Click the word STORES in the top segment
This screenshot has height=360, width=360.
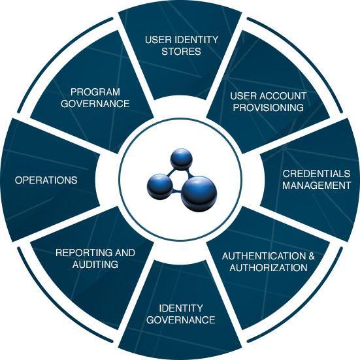click(x=181, y=51)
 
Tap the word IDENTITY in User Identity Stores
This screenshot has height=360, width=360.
click(x=196, y=40)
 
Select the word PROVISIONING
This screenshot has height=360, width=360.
click(x=268, y=107)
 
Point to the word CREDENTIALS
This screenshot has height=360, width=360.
click(x=316, y=174)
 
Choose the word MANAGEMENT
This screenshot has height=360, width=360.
click(x=317, y=185)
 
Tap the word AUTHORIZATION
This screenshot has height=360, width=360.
click(x=269, y=267)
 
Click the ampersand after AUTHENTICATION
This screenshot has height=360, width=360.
click(x=312, y=256)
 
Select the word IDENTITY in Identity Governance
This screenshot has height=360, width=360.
click(x=181, y=308)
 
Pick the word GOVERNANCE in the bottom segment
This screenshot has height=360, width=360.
click(x=181, y=319)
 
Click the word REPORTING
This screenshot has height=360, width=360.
click(x=84, y=253)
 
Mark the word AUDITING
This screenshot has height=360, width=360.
click(x=95, y=264)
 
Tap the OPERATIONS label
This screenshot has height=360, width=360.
click(x=46, y=180)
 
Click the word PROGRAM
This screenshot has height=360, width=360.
click(x=95, y=92)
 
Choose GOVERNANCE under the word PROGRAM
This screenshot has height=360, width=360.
click(x=95, y=103)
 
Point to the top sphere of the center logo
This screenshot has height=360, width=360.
click(x=181, y=158)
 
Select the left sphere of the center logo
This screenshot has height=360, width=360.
click(x=159, y=186)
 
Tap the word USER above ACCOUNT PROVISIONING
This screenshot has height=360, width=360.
click(x=242, y=96)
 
